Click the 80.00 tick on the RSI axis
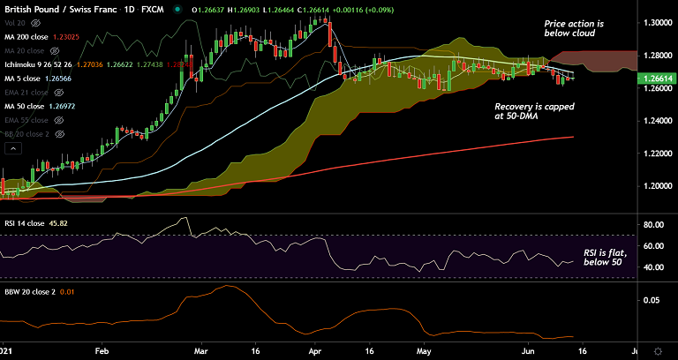click(652, 225)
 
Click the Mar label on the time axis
click(200, 349)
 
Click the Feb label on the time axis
click(102, 349)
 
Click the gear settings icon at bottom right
click(657, 349)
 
